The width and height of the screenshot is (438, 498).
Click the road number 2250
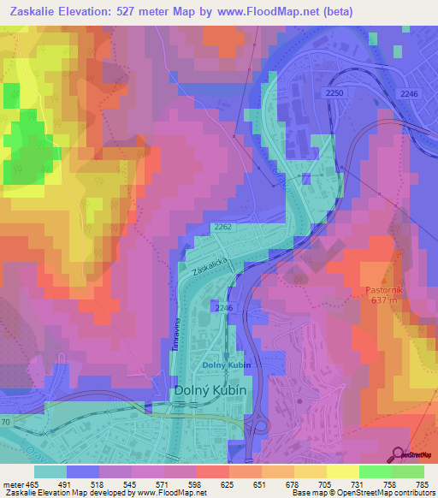click(x=334, y=92)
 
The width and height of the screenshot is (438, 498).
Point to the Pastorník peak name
click(x=382, y=290)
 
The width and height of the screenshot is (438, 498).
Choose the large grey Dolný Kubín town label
click(x=210, y=390)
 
